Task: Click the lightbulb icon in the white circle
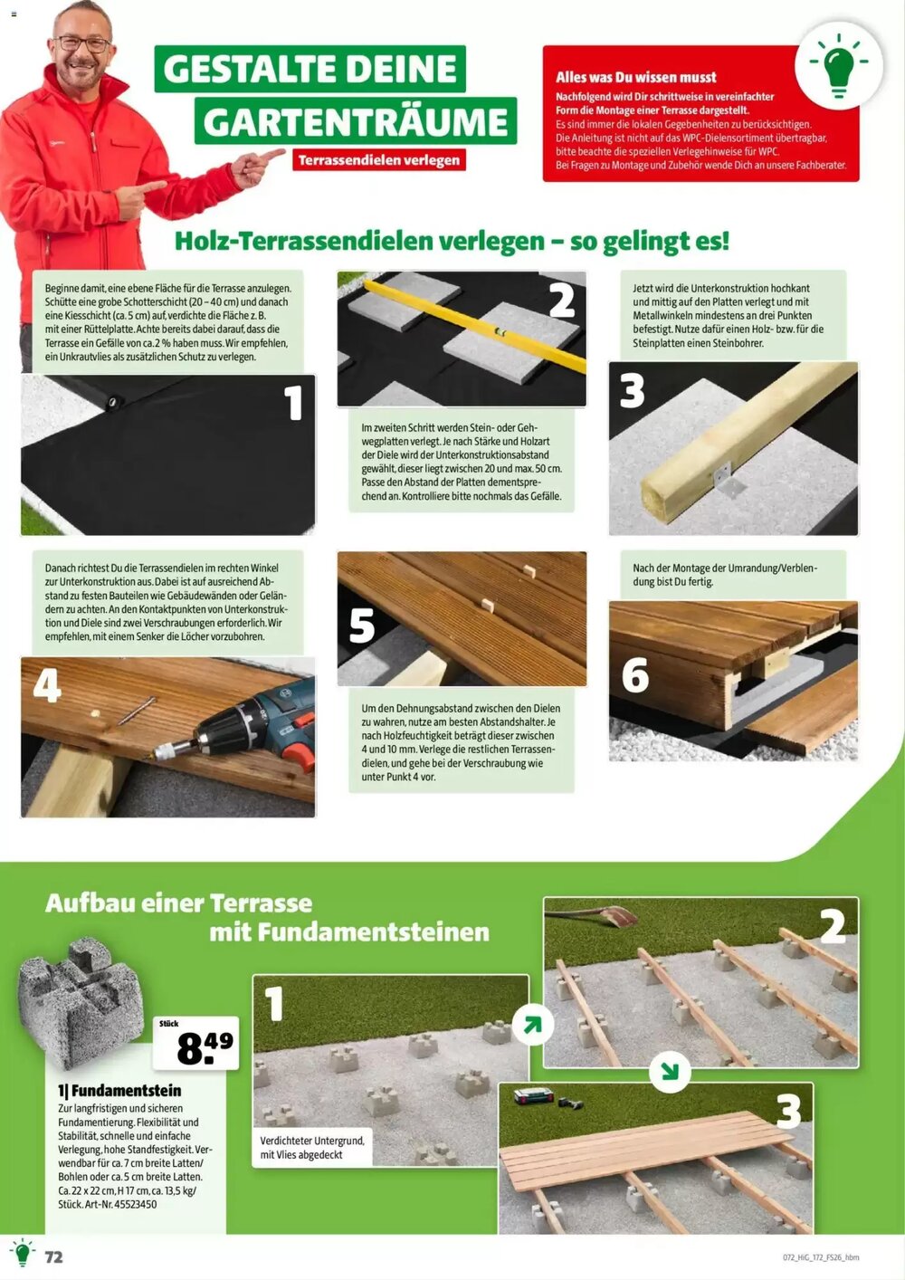(x=838, y=65)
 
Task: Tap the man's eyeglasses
(x=82, y=43)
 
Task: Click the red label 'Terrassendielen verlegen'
(x=378, y=160)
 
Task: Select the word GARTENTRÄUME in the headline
(x=355, y=121)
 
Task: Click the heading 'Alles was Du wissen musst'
(x=635, y=78)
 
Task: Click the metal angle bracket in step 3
(x=729, y=479)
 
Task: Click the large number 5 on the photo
(x=362, y=626)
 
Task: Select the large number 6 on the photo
(x=634, y=675)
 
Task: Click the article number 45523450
(x=134, y=1204)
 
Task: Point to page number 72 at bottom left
(x=54, y=1256)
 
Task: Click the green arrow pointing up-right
(x=532, y=1025)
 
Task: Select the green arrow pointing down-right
(x=670, y=1072)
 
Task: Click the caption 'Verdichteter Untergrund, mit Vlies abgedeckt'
(x=311, y=1148)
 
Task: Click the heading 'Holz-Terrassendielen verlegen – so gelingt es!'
(x=451, y=242)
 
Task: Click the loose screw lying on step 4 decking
(x=135, y=711)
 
